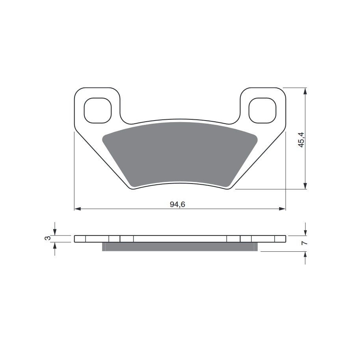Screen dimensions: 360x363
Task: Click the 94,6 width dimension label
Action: point(177,204)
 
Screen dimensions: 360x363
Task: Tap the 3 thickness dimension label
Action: point(47,238)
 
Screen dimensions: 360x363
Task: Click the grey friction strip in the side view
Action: point(179,247)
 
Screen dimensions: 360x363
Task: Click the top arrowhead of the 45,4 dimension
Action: point(305,91)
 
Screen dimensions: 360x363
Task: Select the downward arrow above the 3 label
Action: point(55,232)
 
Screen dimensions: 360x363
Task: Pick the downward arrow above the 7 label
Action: point(305,232)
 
